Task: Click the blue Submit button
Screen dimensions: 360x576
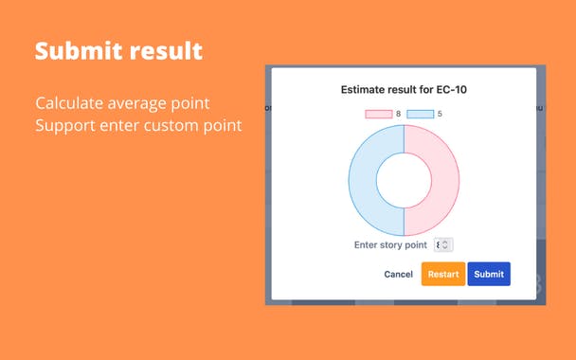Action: [x=489, y=274]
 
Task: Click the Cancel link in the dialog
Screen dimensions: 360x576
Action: [x=398, y=275]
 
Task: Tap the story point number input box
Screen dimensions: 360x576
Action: [x=442, y=244]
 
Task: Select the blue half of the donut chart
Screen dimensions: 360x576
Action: [x=364, y=180]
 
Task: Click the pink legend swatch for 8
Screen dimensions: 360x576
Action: [x=378, y=115]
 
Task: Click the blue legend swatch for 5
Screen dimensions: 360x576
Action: [x=421, y=115]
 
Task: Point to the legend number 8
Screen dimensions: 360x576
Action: [x=398, y=115]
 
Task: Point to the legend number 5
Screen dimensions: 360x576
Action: [x=441, y=115]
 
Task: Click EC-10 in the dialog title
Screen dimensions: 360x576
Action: [x=449, y=90]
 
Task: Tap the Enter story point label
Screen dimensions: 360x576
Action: [x=390, y=244]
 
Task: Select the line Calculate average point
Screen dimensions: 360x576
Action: [x=122, y=102]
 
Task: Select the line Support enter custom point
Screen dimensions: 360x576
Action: [x=138, y=125]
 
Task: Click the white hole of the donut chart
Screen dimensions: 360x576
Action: [x=404, y=180]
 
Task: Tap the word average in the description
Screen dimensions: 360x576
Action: [x=140, y=102]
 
